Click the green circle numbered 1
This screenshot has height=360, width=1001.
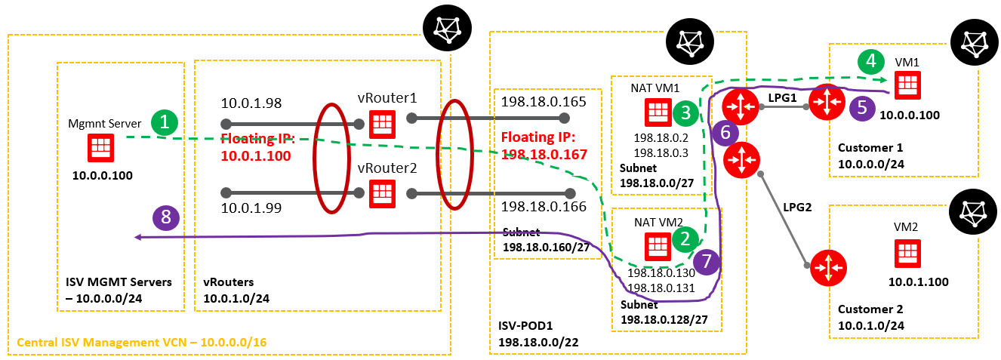coord(165,122)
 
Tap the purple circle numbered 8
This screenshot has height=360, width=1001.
coord(165,218)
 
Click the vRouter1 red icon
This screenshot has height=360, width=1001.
coord(381,123)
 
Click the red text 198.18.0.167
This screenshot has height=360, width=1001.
coord(537,154)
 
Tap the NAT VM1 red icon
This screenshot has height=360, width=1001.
coord(656,112)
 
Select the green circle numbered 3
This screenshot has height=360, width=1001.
coord(685,112)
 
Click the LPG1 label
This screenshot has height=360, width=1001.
coord(781,97)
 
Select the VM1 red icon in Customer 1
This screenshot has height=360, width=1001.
coord(906,84)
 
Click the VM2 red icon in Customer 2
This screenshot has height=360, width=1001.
coord(906,253)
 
